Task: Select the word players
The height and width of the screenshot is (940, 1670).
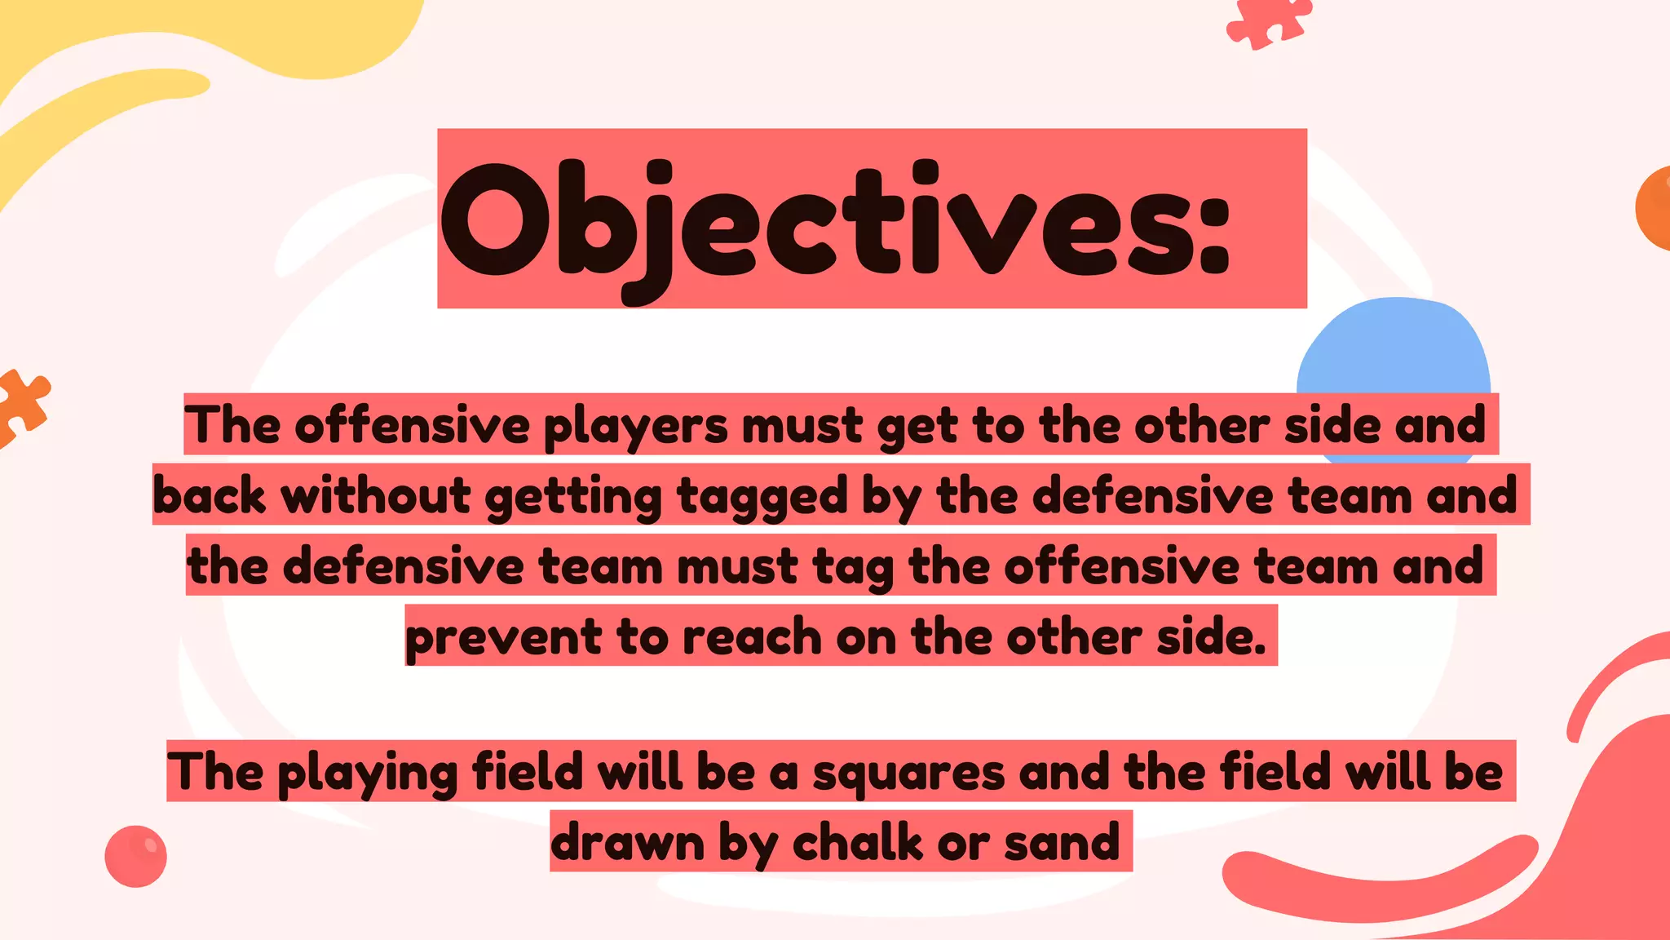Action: click(x=635, y=427)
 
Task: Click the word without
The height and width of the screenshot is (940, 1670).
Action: click(x=376, y=496)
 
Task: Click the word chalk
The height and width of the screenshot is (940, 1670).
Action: click(x=857, y=841)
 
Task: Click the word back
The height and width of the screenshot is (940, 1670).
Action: click(x=210, y=496)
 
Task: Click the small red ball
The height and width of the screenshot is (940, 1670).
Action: click(x=135, y=856)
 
